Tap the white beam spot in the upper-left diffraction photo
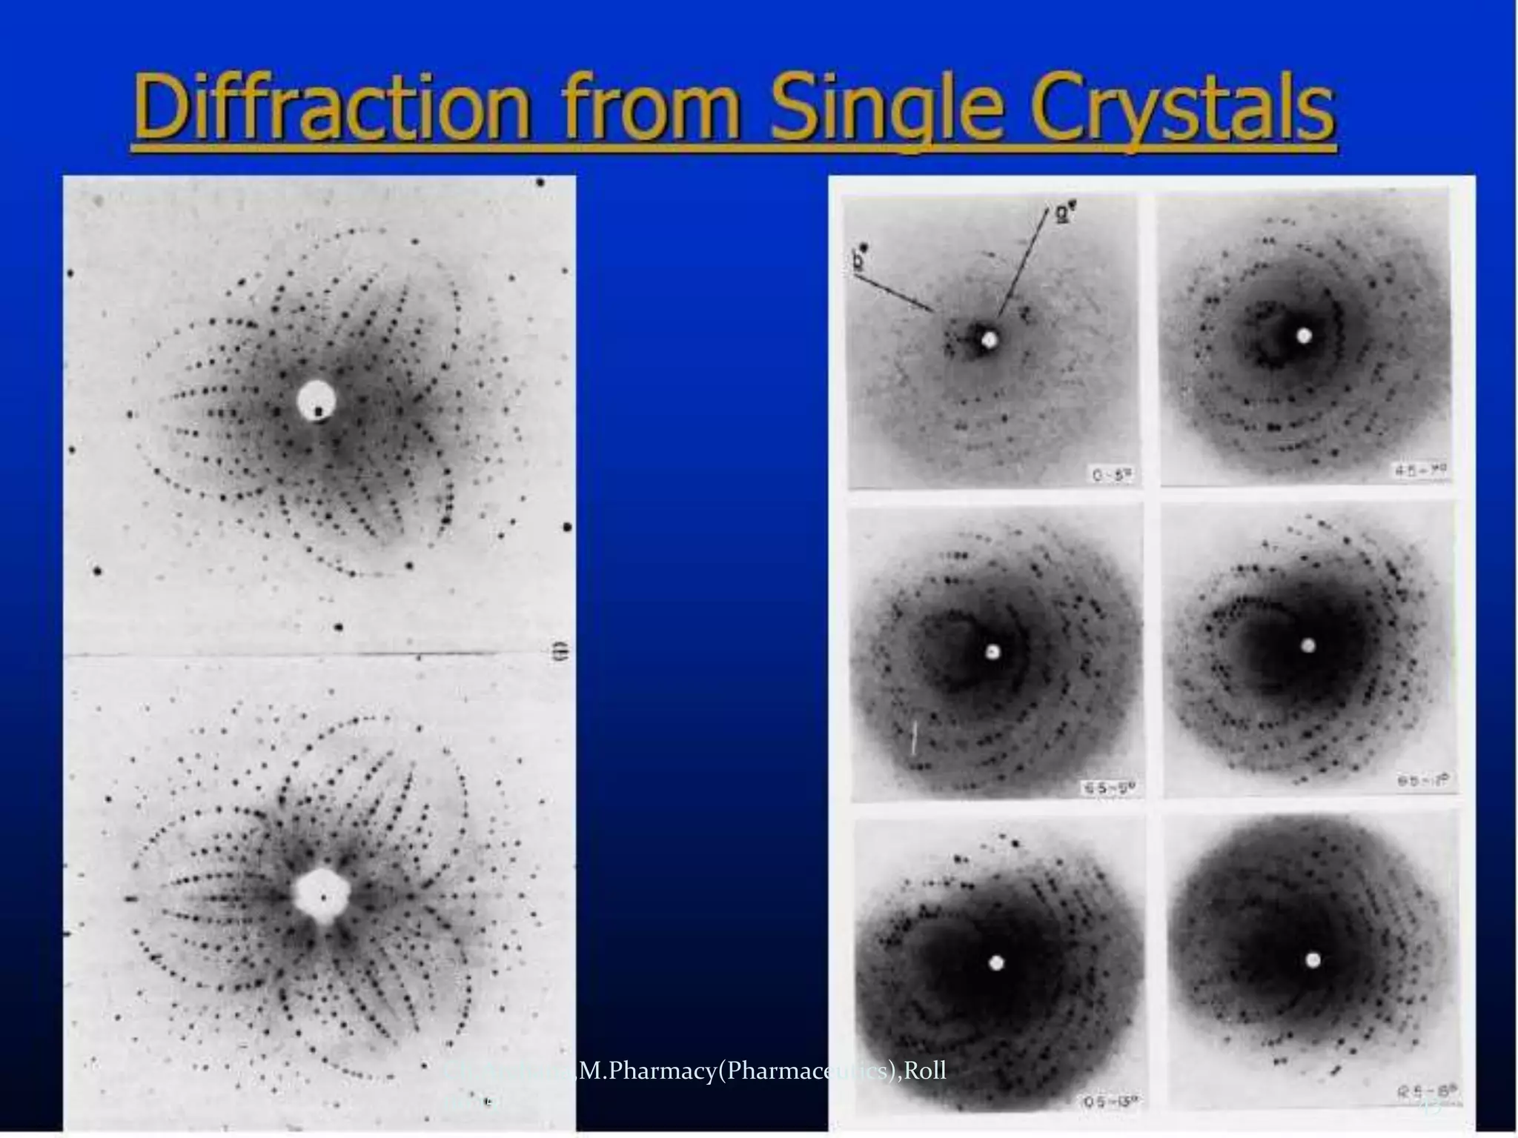tap(315, 401)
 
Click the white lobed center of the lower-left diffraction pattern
tap(320, 895)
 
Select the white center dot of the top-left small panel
tap(990, 340)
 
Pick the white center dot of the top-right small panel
tap(1304, 336)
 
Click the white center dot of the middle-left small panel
tap(993, 652)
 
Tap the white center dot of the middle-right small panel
tap(1308, 645)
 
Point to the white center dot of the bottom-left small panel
tap(996, 962)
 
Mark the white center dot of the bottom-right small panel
tap(1313, 960)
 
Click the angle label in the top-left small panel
tap(1112, 474)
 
